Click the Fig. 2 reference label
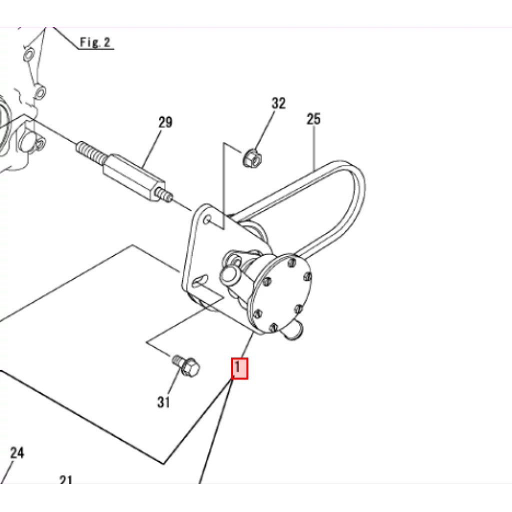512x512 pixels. pos(95,42)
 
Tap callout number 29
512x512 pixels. pos(165,122)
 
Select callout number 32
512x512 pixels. pos(278,103)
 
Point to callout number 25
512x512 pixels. pos(313,119)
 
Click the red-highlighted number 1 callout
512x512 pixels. pos(239,368)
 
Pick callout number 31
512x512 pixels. pos(163,402)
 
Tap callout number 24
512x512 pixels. pos(17,453)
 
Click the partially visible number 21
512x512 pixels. pos(66,479)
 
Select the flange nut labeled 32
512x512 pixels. pos(252,158)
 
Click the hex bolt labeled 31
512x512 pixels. pos(186,365)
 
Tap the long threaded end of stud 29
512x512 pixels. pos(91,152)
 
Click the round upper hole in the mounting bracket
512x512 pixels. pos(207,219)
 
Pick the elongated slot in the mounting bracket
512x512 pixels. pos(200,281)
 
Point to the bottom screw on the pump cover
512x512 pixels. pos(273,327)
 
